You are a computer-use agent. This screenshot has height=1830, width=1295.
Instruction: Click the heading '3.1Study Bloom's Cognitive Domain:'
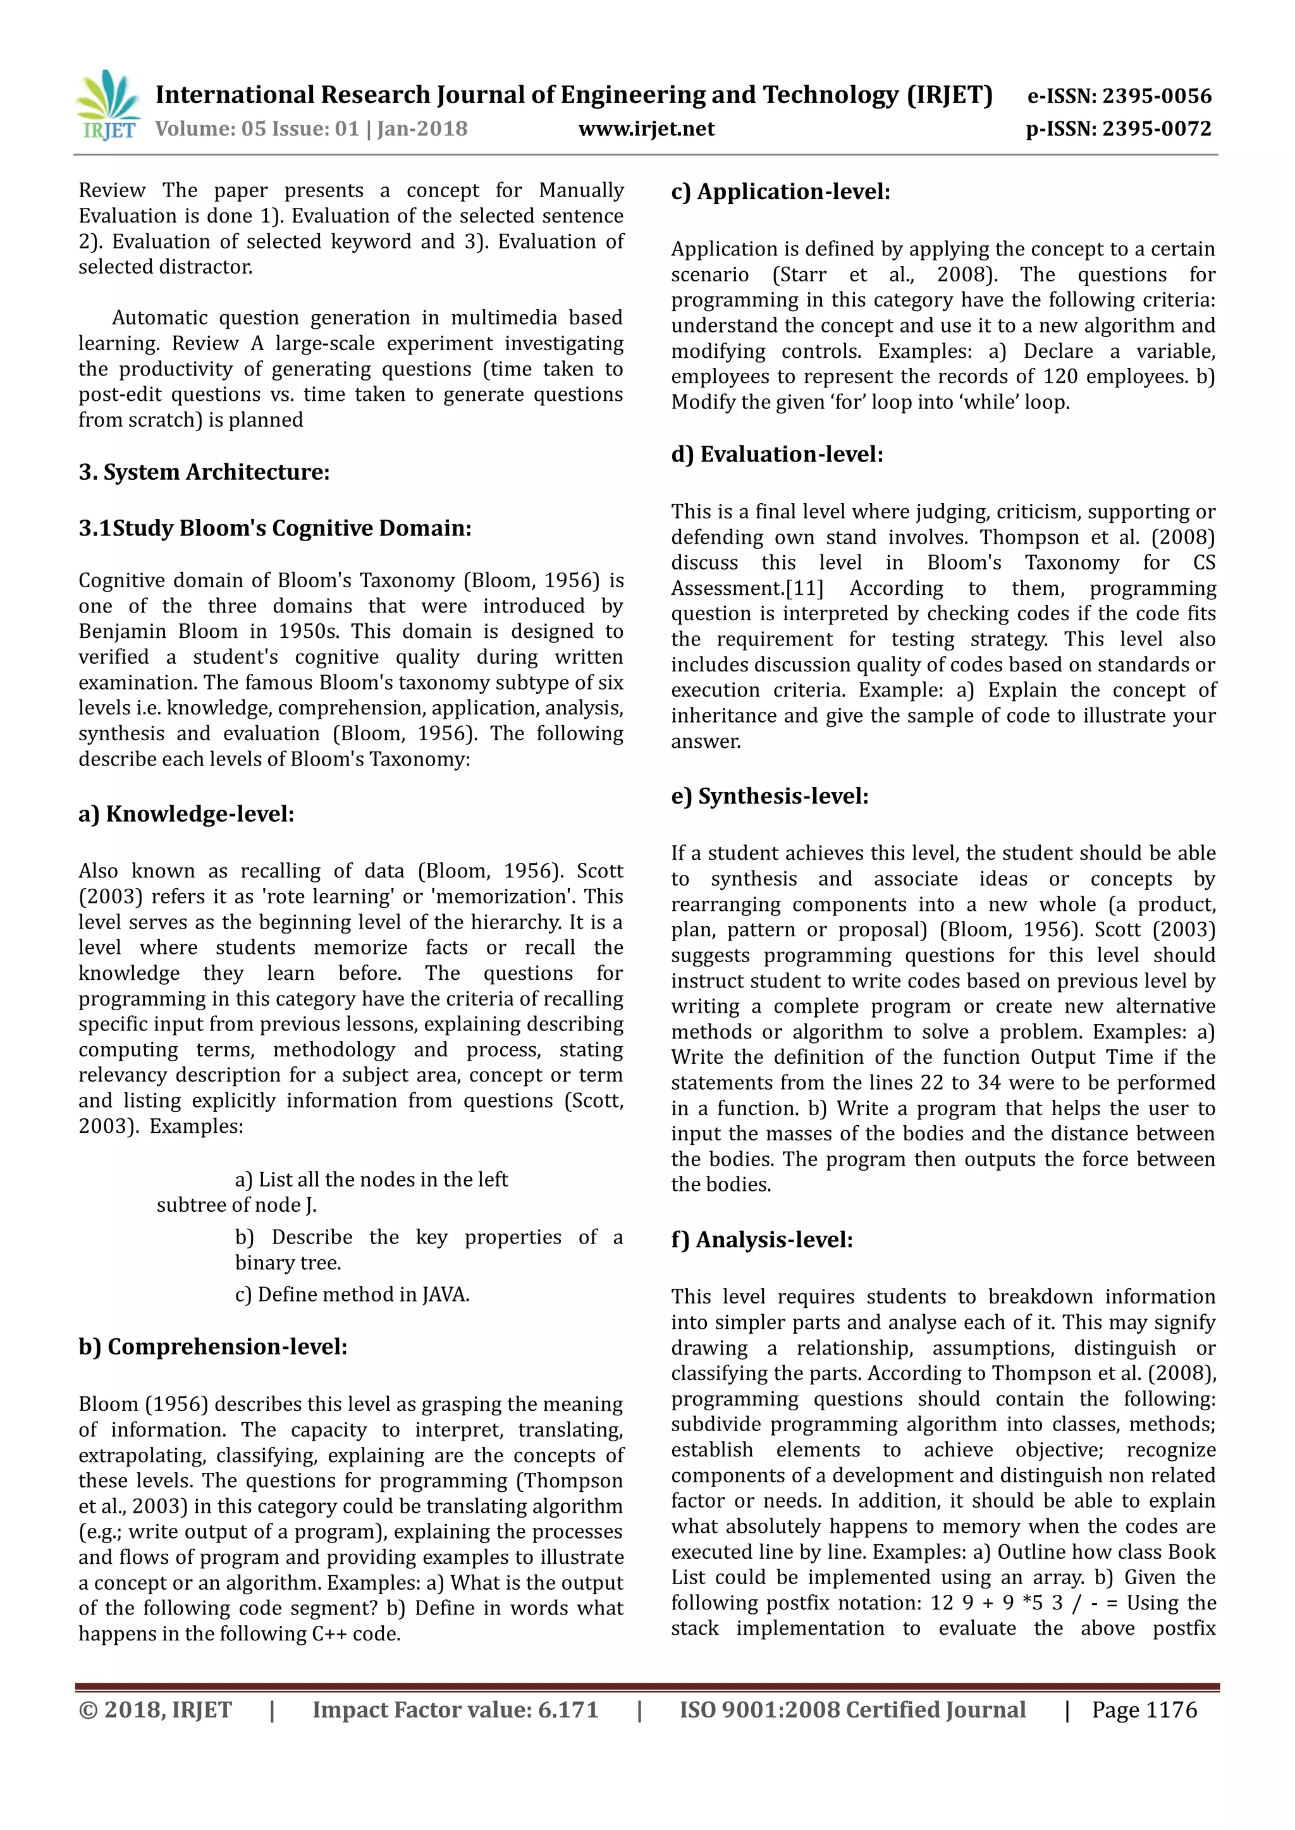(x=275, y=528)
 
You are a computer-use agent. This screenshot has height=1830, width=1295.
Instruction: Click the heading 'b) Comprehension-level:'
(x=213, y=1347)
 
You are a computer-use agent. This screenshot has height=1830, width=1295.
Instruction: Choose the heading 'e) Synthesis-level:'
(x=770, y=796)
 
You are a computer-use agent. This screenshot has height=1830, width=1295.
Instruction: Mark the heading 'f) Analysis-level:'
(x=761, y=1240)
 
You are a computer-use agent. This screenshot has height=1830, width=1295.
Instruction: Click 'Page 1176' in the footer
(x=1145, y=1710)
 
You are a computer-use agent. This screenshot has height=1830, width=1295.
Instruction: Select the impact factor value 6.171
(x=568, y=1710)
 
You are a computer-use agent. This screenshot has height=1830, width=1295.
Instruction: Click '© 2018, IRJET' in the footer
(x=156, y=1710)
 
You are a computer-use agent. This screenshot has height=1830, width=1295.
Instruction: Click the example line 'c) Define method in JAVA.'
(x=352, y=1295)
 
